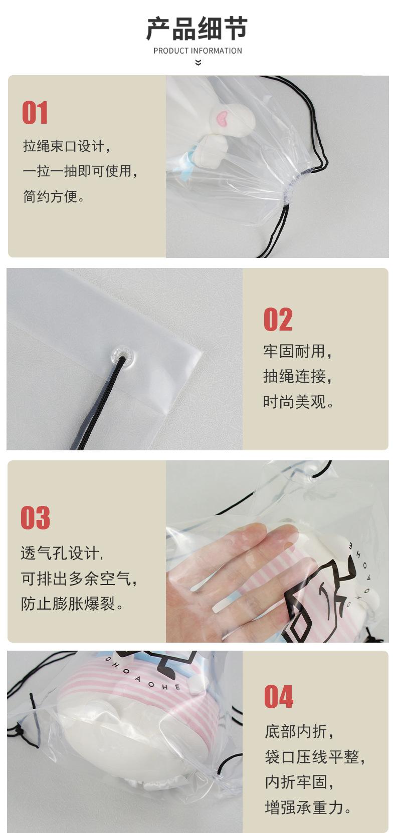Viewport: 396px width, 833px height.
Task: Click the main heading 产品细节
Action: (x=197, y=29)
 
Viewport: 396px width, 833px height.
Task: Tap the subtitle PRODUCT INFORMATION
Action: (x=197, y=51)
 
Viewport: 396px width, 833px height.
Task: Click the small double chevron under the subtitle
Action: (x=198, y=63)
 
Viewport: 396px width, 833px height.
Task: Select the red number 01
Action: (x=35, y=112)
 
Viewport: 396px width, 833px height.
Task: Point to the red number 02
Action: (x=278, y=319)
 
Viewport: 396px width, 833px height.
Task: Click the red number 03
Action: (x=36, y=517)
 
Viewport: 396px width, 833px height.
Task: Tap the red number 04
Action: (x=279, y=697)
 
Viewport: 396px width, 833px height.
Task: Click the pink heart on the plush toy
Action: (x=223, y=117)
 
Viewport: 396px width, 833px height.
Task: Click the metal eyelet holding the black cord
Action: (x=122, y=356)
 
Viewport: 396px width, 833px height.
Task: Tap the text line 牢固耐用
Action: (x=297, y=352)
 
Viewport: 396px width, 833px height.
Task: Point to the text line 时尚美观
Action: (x=298, y=402)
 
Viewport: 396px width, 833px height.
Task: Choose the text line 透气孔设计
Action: (x=62, y=553)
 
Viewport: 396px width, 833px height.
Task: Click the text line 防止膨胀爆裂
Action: (x=72, y=604)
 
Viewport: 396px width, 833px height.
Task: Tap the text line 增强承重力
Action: (x=308, y=807)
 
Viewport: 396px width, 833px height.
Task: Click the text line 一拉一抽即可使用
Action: (x=80, y=171)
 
